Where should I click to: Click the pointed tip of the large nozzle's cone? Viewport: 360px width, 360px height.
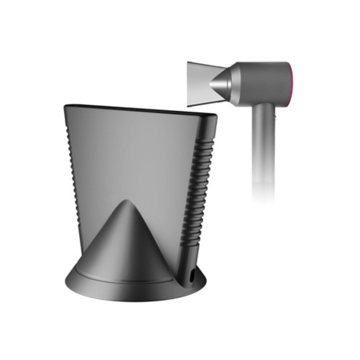point(127,203)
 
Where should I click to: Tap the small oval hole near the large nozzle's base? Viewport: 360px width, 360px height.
point(192,274)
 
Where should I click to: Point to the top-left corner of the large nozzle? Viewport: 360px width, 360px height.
point(66,106)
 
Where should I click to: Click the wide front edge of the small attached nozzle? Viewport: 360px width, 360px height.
point(188,84)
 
